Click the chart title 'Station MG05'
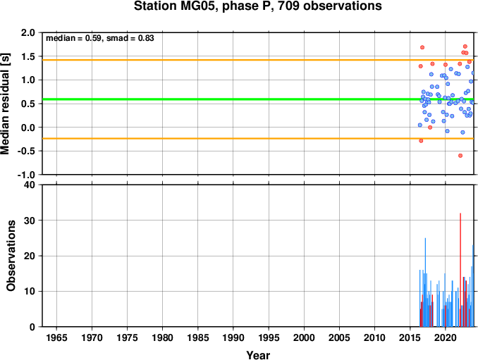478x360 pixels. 176,6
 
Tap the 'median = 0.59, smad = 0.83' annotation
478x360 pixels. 100,38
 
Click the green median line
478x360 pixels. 258,99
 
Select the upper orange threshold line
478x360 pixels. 258,60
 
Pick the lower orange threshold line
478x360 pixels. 258,139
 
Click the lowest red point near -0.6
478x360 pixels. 460,156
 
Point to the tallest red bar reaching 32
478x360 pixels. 460,270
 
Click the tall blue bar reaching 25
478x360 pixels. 425,283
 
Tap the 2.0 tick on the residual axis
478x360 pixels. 28,32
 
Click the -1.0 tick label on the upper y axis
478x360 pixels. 26,175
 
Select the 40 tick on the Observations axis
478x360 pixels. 30,185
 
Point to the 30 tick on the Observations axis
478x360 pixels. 30,221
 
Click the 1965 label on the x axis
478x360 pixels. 56,337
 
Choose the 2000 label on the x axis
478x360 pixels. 304,337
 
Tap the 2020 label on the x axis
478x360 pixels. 446,337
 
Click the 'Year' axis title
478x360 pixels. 258,355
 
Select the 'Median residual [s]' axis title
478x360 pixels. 5,104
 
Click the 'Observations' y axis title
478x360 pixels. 11,256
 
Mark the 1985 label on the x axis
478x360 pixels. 198,337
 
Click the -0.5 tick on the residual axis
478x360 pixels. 26,151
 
